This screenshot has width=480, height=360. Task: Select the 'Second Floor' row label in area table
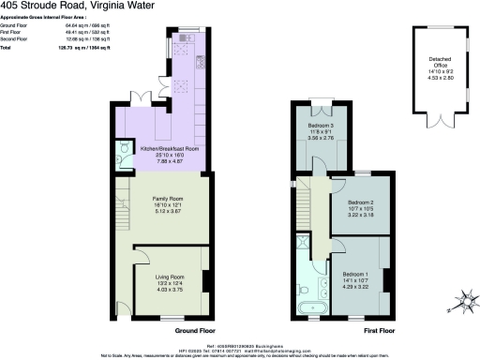click(x=16, y=39)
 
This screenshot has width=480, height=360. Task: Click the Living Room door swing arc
click(x=140, y=254)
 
